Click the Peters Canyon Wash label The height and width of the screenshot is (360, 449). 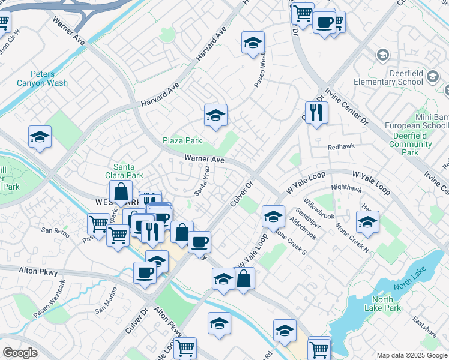tap(42, 79)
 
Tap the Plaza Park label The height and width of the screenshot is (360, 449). tap(182, 141)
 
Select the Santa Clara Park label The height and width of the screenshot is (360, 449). tap(128, 171)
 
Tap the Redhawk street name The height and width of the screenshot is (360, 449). tap(339, 147)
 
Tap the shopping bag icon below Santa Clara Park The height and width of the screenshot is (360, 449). tap(121, 192)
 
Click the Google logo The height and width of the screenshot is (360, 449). tap(20, 352)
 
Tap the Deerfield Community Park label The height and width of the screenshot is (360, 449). tap(419, 144)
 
